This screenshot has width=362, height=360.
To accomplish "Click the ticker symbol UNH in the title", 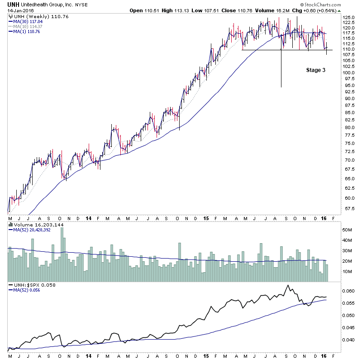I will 13,4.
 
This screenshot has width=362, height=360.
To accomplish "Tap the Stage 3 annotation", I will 316,70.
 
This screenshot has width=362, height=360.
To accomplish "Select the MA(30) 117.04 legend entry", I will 30,21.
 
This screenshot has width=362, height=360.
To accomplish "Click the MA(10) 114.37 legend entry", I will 30,26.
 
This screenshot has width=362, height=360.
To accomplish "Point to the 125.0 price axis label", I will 348,18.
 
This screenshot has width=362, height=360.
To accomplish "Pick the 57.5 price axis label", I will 348,209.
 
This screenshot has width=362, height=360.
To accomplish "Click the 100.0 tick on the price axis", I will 348,72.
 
